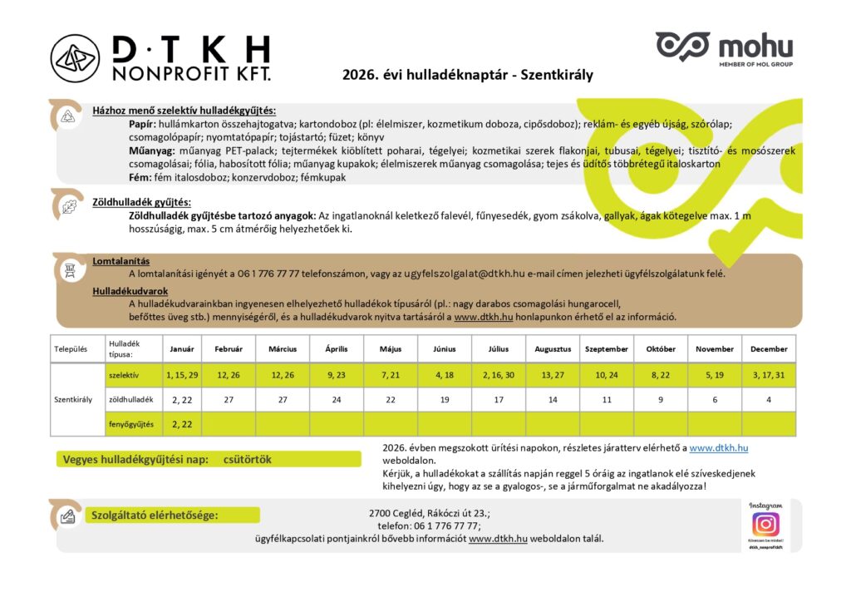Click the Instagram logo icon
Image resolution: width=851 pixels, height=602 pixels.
[x=765, y=524]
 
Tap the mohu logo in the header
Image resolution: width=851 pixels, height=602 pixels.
[x=724, y=47]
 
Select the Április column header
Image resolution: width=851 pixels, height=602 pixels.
[x=336, y=349]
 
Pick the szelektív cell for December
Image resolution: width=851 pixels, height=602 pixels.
[x=769, y=375]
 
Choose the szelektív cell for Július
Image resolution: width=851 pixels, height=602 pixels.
[x=499, y=375]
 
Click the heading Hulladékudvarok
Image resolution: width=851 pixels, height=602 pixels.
[x=130, y=291]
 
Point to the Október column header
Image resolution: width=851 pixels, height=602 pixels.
[x=662, y=349]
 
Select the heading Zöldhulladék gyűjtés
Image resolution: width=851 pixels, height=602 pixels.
[x=141, y=202]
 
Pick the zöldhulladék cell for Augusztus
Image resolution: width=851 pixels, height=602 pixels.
[x=553, y=400]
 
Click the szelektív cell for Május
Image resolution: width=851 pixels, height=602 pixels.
[x=390, y=375]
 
